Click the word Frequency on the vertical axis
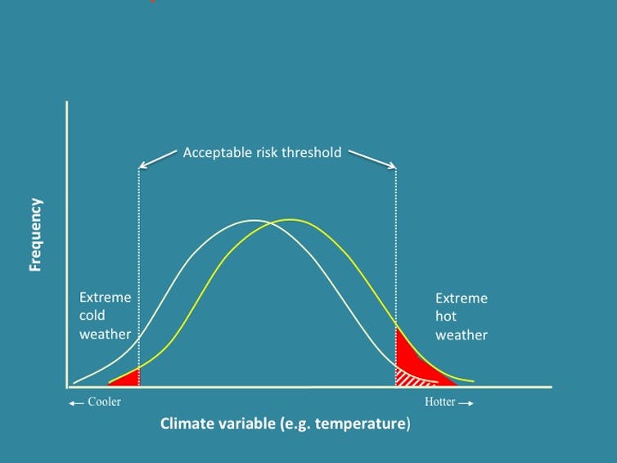pos(35,235)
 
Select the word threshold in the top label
pos(310,152)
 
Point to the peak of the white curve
pos(254,220)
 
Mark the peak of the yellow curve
pos(290,219)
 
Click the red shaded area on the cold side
pos(129,377)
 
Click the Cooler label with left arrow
pos(96,402)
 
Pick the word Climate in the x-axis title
pos(187,424)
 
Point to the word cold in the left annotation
pos(92,316)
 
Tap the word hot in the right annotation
pos(446,317)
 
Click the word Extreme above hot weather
pos(461,299)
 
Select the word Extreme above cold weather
pos(105,298)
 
